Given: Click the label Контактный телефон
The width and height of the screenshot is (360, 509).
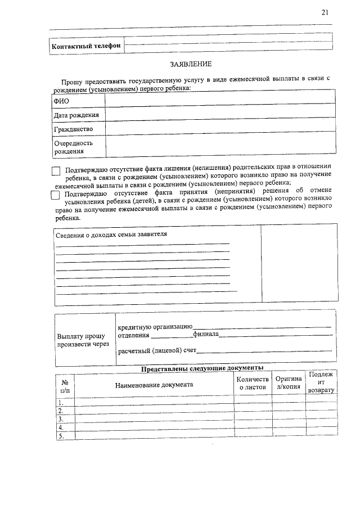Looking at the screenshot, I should pos(86,46).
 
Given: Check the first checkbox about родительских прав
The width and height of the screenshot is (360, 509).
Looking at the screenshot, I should pos(55,171).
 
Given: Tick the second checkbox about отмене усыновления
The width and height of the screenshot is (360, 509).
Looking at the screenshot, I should pos(55,195).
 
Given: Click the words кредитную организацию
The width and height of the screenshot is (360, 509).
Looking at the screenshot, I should pos(155,327).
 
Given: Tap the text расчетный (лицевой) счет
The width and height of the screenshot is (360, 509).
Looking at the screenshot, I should pos(157,352).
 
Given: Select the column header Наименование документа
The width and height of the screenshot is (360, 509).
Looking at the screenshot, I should pos(154,385).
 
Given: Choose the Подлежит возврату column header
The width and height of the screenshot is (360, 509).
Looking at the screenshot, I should pos(321,382).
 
